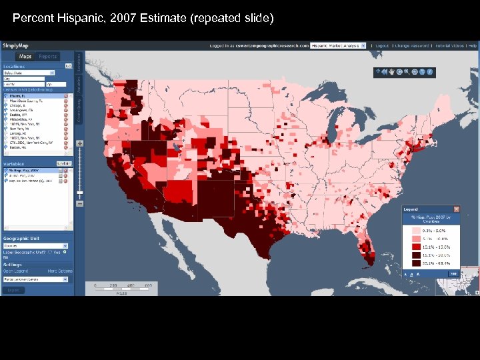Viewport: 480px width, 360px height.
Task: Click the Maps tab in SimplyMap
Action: point(25,57)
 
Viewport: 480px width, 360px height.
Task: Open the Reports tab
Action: point(47,57)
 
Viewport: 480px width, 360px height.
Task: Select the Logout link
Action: point(381,46)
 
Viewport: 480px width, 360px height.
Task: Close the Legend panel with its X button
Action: point(457,209)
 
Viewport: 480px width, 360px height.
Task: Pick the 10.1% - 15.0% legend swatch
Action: point(416,245)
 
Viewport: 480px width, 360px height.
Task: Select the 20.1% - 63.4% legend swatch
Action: point(416,263)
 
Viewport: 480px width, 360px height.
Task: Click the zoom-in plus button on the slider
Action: point(80,143)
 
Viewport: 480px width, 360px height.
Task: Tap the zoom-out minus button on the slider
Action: point(80,203)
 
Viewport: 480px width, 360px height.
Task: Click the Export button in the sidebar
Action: point(12,290)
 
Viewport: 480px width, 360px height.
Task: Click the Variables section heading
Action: point(15,163)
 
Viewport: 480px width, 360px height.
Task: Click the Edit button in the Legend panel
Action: point(453,273)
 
